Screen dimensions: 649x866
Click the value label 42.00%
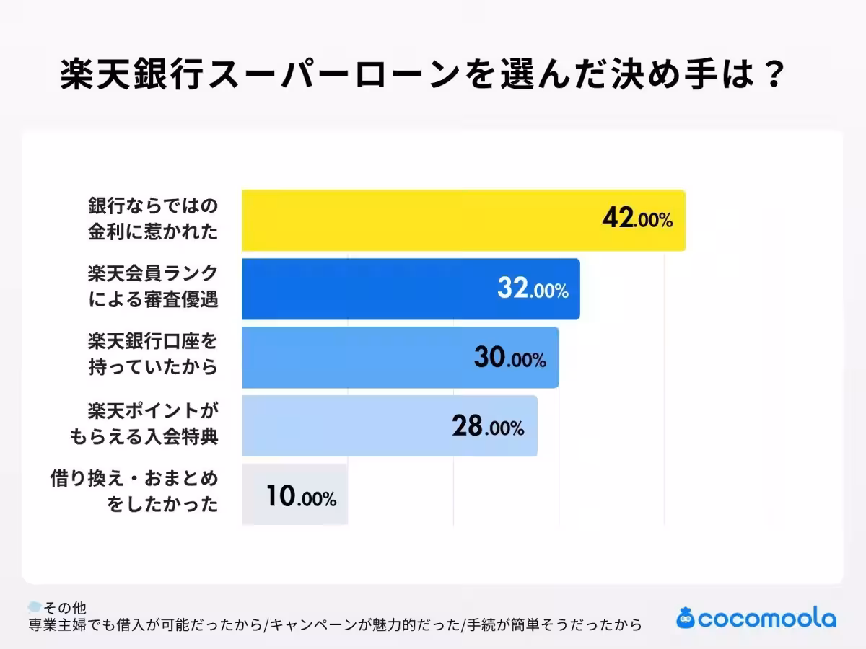pos(637,219)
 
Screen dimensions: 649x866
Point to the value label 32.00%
pos(533,289)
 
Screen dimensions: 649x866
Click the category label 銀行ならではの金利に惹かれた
pos(152,219)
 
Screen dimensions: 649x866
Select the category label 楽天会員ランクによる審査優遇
pos(152,288)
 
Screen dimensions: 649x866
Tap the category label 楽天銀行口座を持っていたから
pos(152,356)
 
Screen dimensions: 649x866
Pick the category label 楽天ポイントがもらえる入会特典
pos(144,425)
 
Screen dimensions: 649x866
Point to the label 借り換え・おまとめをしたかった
pos(134,492)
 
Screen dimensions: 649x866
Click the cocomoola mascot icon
pos(686,618)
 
